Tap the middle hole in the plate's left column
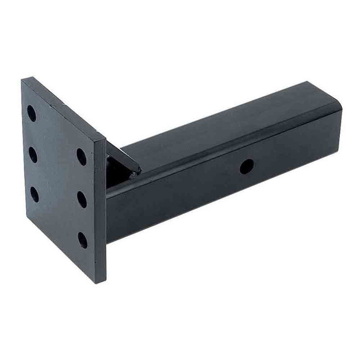33,154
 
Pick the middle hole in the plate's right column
82,198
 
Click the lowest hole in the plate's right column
83,239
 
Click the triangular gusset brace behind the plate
119,157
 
